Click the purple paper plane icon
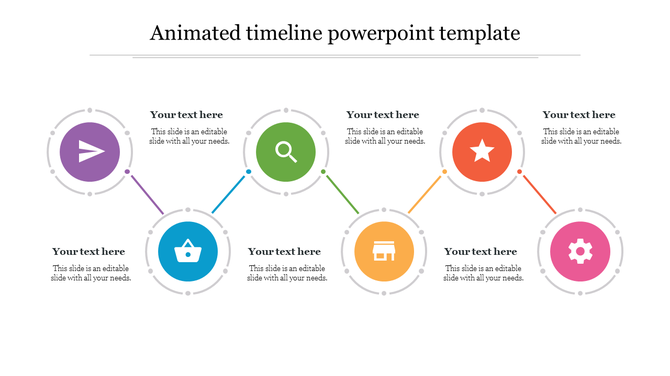[x=90, y=152]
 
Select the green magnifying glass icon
[x=286, y=152]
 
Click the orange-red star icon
[x=482, y=152]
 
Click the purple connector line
[x=146, y=192]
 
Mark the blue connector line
[x=230, y=193]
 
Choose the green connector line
[x=342, y=192]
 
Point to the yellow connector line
[x=426, y=193]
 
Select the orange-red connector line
[x=538, y=192]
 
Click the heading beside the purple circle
[x=187, y=115]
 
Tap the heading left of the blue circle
[x=89, y=251]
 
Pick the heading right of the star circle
[x=579, y=115]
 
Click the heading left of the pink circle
[x=481, y=251]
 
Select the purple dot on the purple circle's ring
[x=127, y=172]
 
